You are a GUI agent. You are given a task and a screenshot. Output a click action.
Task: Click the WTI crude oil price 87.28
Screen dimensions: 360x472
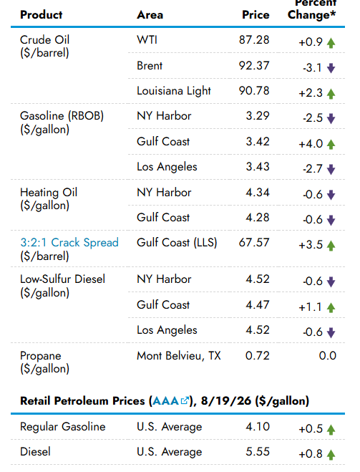coord(254,39)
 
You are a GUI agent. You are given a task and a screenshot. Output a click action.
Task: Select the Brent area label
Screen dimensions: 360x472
coord(150,66)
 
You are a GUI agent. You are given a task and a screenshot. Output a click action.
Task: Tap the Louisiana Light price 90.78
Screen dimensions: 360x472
coord(254,91)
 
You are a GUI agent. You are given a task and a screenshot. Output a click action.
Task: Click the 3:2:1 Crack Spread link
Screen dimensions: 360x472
coord(69,242)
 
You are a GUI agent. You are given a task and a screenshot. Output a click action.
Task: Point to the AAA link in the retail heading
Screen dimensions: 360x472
coord(170,401)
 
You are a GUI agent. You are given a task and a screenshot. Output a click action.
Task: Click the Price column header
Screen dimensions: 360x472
coord(256,15)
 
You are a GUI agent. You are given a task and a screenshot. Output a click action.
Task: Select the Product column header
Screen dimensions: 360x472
coord(42,15)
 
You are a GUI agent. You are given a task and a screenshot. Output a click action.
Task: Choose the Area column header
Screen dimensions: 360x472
coord(150,15)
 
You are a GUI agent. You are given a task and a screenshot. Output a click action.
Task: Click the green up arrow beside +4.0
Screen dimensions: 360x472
coord(331,145)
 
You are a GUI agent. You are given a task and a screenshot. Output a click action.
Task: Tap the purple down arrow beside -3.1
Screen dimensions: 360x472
coord(331,68)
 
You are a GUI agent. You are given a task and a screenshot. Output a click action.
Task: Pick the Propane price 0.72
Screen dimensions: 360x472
coord(258,355)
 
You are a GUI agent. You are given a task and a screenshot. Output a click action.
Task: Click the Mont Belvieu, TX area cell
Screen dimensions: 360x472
coord(179,356)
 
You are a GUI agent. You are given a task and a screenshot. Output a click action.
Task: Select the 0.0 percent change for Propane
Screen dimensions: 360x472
coord(328,355)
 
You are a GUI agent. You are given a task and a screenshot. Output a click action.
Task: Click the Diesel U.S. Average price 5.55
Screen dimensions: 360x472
coord(258,451)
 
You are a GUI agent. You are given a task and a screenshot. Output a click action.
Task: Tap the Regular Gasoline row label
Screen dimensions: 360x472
coord(63,427)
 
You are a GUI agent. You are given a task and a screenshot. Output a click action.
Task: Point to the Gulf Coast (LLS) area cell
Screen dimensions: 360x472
coord(177,243)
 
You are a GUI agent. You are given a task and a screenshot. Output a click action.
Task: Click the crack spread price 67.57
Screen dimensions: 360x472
coord(254,242)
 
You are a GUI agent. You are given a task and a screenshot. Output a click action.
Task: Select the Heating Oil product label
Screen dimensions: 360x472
coord(49,193)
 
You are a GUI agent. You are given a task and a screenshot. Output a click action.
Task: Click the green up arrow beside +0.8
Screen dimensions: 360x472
coord(331,455)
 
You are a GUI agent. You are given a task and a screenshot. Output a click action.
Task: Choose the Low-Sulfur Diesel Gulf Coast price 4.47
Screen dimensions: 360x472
coord(258,304)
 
